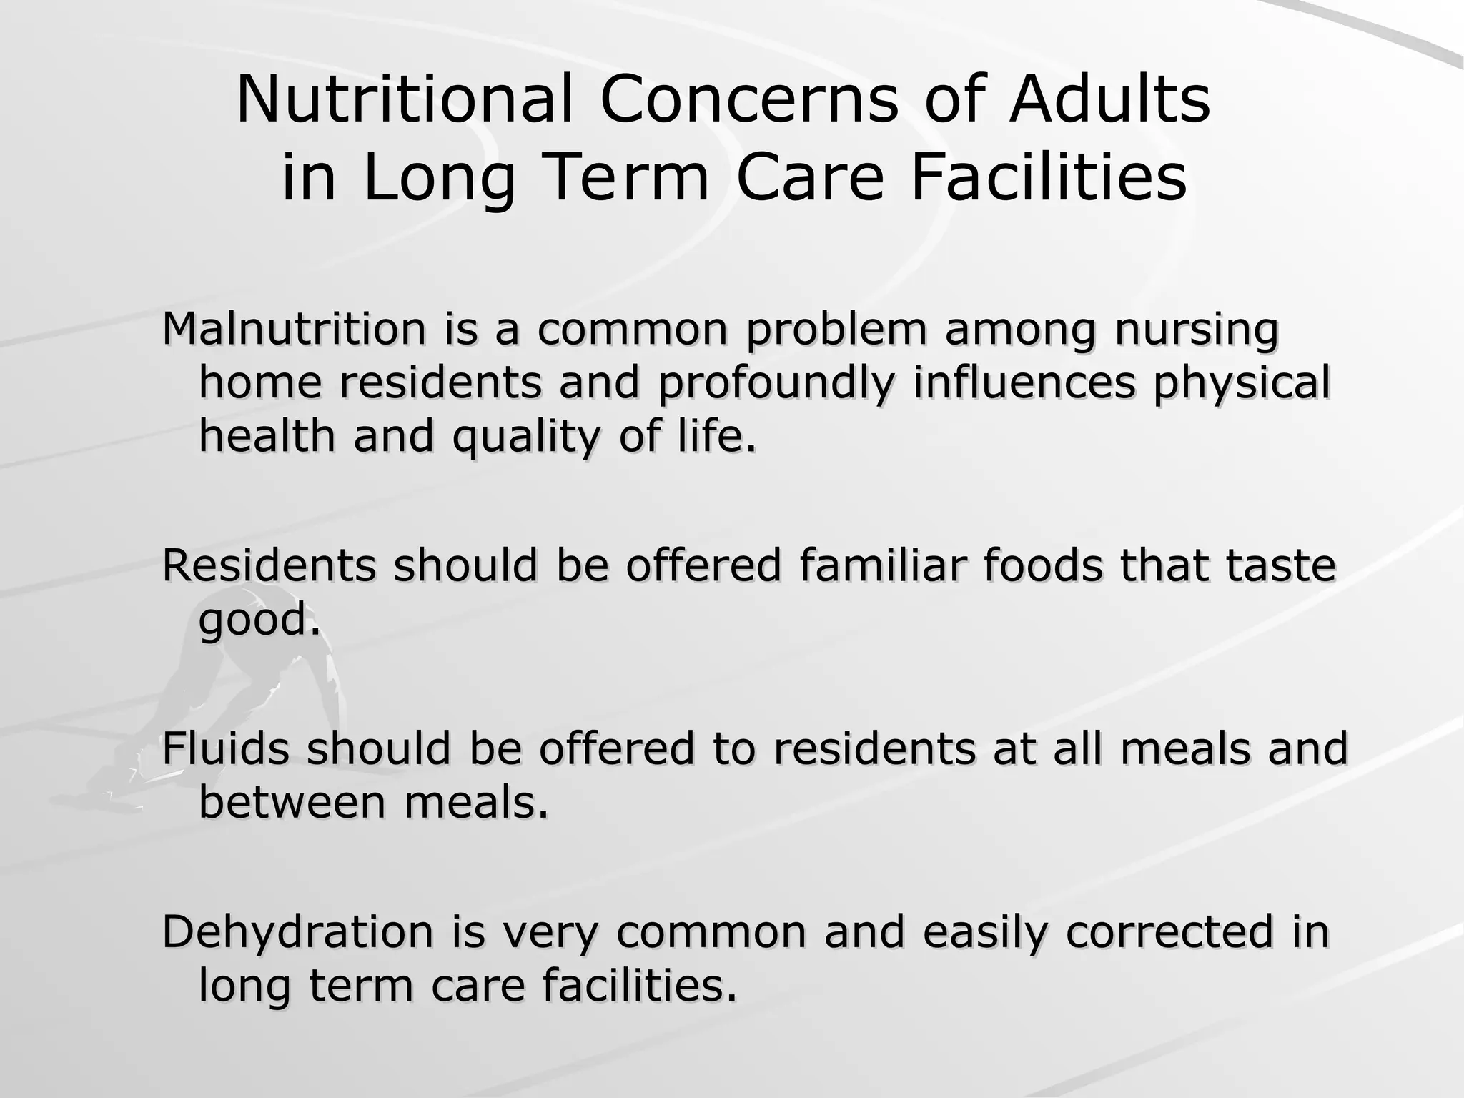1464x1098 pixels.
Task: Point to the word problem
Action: (x=836, y=330)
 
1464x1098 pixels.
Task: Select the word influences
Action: (x=1024, y=382)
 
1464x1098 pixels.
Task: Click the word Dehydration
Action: (x=297, y=932)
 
